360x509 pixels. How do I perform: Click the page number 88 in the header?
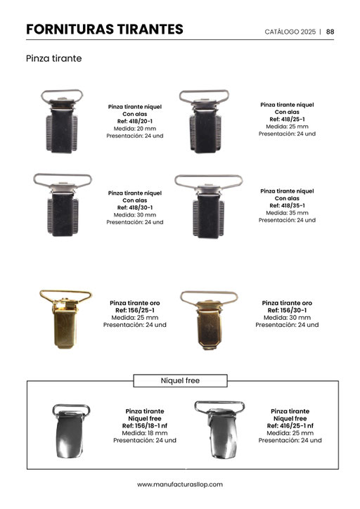[x=330, y=32]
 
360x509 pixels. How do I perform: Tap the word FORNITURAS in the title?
[x=70, y=30]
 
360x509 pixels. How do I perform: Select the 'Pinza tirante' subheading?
[x=54, y=58]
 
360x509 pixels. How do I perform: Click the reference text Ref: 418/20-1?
[x=135, y=122]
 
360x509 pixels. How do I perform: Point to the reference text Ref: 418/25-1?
[x=287, y=119]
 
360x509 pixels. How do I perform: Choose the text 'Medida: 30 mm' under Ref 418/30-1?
[x=135, y=215]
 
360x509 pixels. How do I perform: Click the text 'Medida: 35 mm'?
[x=287, y=213]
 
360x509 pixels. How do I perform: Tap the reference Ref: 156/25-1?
[x=135, y=310]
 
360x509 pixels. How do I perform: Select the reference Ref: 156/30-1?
[x=287, y=310]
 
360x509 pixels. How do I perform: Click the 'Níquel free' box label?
[x=180, y=380]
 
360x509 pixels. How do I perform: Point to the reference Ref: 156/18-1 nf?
[x=145, y=426]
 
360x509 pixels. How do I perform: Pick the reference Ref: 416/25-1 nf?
[x=290, y=426]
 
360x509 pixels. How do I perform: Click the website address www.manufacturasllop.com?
[x=180, y=484]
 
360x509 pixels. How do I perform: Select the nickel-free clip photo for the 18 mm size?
[x=70, y=432]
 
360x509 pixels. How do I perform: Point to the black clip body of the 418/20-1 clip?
[x=62, y=131]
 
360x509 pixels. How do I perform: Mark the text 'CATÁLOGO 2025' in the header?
[x=290, y=32]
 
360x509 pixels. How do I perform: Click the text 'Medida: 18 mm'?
[x=145, y=433]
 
